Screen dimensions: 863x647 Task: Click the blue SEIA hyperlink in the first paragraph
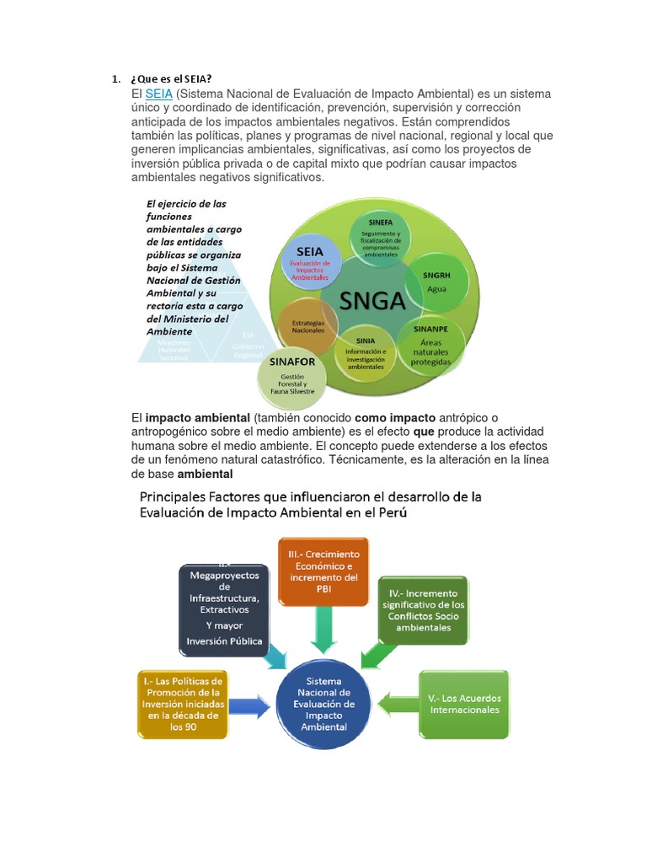tap(158, 94)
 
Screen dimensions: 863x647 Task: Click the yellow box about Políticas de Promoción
tap(183, 703)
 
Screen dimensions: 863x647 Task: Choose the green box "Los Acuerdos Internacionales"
tap(464, 703)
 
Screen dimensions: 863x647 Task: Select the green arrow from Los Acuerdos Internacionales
tap(396, 700)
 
